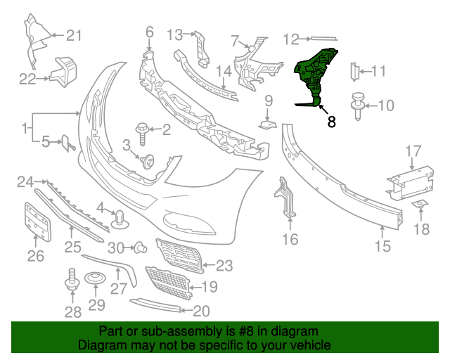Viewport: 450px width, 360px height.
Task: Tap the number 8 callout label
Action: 331,122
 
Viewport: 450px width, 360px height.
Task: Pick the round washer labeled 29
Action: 96,282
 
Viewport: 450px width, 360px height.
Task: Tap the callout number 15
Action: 382,246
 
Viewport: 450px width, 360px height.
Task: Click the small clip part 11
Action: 355,70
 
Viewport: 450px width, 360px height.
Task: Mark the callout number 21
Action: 75,35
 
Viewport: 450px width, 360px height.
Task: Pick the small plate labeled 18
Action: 420,205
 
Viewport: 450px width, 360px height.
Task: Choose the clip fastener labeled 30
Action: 139,247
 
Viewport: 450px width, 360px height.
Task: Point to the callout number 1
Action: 26,128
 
